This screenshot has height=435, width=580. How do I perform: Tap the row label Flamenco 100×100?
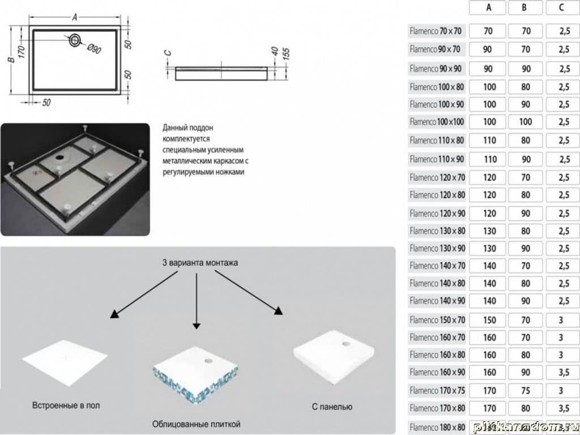(436, 122)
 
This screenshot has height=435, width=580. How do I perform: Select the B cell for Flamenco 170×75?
(526, 390)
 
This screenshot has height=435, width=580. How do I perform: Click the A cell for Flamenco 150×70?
(488, 320)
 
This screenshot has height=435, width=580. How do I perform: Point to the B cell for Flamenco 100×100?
(526, 122)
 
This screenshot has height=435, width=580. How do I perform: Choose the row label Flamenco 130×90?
(436, 248)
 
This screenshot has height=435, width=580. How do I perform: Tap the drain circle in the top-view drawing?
(75, 40)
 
